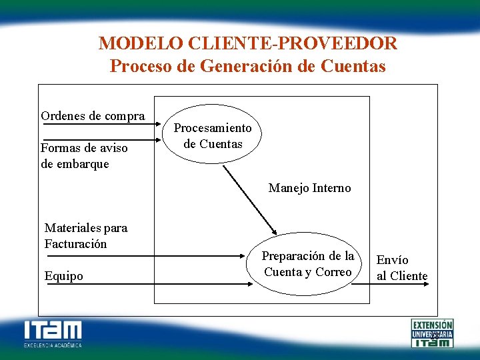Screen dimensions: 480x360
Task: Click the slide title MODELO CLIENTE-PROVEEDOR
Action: click(248, 44)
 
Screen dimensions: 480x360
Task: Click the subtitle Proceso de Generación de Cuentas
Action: click(248, 67)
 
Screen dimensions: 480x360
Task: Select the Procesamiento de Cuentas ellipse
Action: click(213, 136)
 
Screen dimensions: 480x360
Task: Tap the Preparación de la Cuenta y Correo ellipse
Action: click(307, 264)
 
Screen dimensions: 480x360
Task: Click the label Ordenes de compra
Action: click(93, 116)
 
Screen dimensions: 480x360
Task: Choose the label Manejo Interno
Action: click(309, 188)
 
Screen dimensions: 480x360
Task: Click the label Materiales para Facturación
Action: click(85, 235)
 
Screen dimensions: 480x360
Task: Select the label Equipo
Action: click(64, 276)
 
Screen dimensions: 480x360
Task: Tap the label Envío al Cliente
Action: click(402, 268)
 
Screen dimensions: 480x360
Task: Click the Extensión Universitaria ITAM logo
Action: click(432, 333)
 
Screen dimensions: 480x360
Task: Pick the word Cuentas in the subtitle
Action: click(353, 67)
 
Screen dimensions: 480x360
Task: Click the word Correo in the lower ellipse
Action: click(333, 272)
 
